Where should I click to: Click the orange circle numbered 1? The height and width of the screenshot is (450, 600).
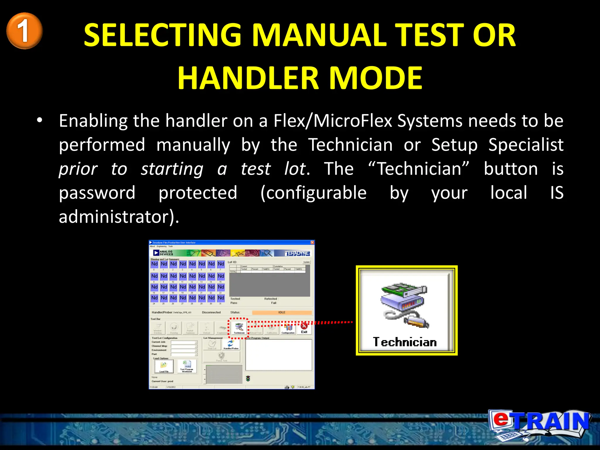click(25, 31)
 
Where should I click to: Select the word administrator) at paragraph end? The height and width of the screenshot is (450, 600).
click(119, 217)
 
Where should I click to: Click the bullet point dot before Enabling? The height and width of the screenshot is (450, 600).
click(39, 120)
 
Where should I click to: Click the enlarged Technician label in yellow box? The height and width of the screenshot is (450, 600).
click(405, 342)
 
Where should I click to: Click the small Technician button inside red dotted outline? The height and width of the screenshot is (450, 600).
click(239, 328)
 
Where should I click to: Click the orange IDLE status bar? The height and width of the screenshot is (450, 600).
click(282, 312)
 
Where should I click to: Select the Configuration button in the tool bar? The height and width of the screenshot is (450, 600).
click(288, 328)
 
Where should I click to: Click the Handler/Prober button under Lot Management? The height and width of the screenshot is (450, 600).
click(231, 345)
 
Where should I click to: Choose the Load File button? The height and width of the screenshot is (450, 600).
click(164, 367)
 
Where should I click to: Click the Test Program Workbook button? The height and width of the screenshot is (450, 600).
click(187, 367)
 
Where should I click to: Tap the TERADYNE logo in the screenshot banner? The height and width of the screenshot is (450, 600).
click(297, 253)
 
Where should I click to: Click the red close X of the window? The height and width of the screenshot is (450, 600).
click(312, 243)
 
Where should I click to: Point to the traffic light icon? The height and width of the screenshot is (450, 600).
click(248, 379)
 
